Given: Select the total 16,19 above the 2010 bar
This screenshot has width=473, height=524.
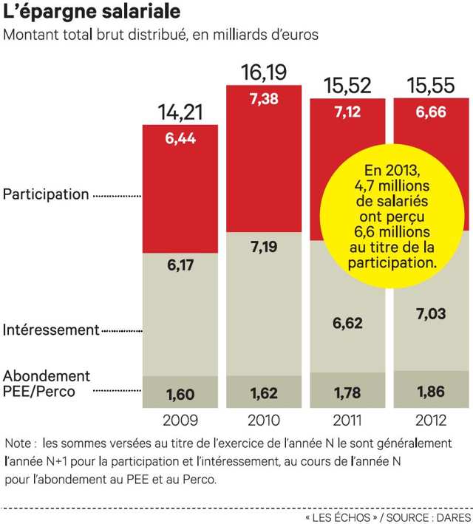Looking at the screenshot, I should coord(264,72).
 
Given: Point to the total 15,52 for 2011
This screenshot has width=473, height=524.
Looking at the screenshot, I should coord(347,86).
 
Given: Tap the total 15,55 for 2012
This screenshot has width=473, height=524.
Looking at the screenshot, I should coord(430,86).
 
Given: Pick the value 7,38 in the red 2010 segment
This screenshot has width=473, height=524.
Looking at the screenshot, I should coord(264,100).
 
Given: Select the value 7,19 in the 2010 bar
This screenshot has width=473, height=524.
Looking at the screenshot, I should coord(264,246).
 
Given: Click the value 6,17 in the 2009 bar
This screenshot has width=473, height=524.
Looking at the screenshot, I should coord(180,265).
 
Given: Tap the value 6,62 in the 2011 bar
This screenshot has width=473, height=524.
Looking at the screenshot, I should coord(347,322).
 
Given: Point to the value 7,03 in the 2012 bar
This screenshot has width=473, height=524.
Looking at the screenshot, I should coord(430,316).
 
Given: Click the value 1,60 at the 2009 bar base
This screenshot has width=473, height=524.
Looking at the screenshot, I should coord(180,394).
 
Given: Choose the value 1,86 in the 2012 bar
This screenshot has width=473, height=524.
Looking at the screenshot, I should coord(430,392).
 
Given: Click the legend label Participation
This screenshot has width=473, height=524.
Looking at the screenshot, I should coord(46,195).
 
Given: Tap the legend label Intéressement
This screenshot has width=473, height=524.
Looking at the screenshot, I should coord(51,330).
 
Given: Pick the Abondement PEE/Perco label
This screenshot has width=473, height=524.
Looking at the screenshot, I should coord(47,384).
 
